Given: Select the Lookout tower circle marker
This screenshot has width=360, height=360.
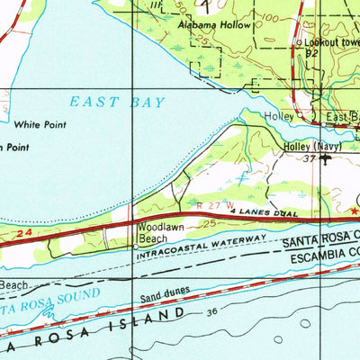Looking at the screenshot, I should pyautogui.click(x=300, y=43).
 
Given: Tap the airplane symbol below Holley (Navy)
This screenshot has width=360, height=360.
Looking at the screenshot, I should pyautogui.click(x=324, y=157).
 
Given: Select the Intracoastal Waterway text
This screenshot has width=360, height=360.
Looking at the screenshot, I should pyautogui.click(x=202, y=248).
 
